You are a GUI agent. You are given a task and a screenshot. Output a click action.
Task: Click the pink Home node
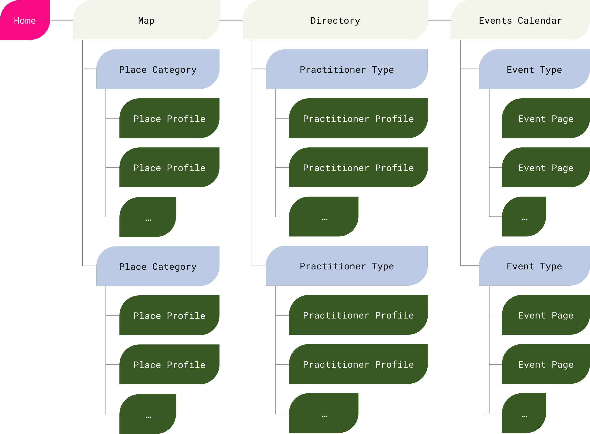coord(25,20)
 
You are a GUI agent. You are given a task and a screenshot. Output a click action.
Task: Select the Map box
coord(146,20)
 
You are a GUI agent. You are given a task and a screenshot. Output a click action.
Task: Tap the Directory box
coord(335,20)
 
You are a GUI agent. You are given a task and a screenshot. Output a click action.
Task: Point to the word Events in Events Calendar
coord(495,21)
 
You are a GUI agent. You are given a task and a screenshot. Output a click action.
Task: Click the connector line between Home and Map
coord(61,20)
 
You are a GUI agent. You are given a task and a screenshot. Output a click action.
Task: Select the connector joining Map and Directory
coord(231,20)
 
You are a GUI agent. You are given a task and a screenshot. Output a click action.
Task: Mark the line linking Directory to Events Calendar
coord(439,20)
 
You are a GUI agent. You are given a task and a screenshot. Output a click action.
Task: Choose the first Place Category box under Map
coord(158,69)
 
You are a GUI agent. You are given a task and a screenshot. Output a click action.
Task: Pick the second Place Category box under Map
coord(158,266)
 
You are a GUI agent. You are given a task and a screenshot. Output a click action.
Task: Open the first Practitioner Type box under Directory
coord(347,69)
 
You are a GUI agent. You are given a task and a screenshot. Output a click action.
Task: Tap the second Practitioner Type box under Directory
coord(347,266)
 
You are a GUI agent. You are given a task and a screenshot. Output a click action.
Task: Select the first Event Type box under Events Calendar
coord(534,69)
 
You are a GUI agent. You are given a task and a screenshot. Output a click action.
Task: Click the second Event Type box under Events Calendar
coord(534,266)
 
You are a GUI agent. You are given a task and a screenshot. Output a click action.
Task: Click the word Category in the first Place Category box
coord(174,70)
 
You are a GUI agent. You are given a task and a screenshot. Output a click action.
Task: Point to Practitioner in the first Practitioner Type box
coord(333,70)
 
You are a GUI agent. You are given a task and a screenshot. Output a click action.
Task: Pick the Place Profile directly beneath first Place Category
coord(169,119)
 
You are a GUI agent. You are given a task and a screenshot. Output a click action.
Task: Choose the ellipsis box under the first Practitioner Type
coord(324,217)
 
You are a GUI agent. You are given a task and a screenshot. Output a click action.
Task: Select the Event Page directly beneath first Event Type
coord(546,119)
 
